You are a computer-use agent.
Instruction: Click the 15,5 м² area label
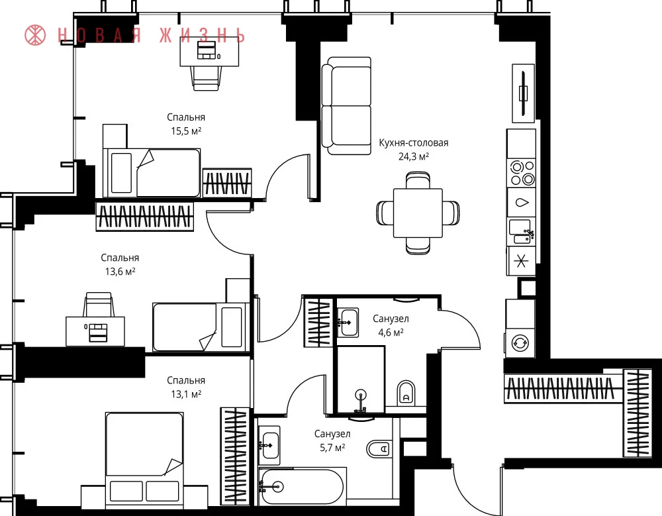click(x=186, y=131)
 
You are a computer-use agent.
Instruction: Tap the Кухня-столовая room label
click(x=413, y=143)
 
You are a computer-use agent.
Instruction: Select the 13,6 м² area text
click(x=120, y=272)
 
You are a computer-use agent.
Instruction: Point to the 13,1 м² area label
click(x=186, y=394)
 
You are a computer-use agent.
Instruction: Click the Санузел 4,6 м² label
click(x=391, y=325)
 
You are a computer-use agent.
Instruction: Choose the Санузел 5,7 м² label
click(x=332, y=440)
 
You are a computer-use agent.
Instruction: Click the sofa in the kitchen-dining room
click(x=346, y=106)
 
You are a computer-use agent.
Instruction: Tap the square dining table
click(x=418, y=213)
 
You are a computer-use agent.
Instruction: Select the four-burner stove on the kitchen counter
click(x=522, y=173)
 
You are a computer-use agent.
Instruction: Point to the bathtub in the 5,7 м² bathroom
click(x=302, y=486)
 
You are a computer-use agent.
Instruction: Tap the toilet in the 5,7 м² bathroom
click(x=378, y=449)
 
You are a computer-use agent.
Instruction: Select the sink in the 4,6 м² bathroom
click(x=349, y=322)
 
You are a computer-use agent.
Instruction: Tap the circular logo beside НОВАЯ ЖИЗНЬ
click(x=35, y=35)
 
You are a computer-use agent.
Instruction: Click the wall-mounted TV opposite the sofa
click(x=524, y=93)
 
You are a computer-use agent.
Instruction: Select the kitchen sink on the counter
click(x=521, y=231)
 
